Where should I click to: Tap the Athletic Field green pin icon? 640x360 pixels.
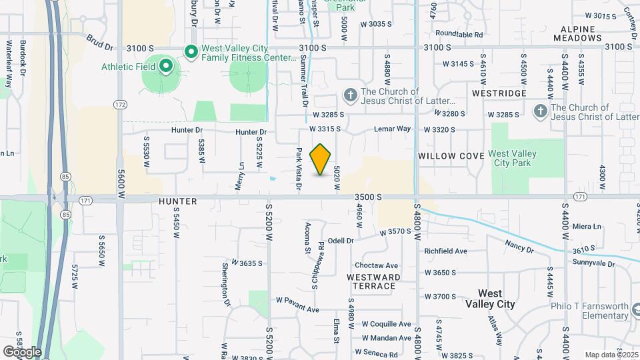pos(165,66)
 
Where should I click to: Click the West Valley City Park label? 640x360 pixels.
pos(512,158)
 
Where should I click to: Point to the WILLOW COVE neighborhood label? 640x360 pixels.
pos(451,155)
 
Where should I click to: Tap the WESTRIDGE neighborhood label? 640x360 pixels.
pos(499,93)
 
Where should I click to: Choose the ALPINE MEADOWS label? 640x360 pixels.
pos(582,34)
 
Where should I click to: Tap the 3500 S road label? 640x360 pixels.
pos(368,197)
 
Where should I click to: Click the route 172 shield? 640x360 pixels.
pos(120,105)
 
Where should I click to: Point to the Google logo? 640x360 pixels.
pos(21,351)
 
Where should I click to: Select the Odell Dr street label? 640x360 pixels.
pos(340,240)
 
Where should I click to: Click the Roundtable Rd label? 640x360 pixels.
pos(459,33)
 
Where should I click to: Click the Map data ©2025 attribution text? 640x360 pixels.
pos(611,355)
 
